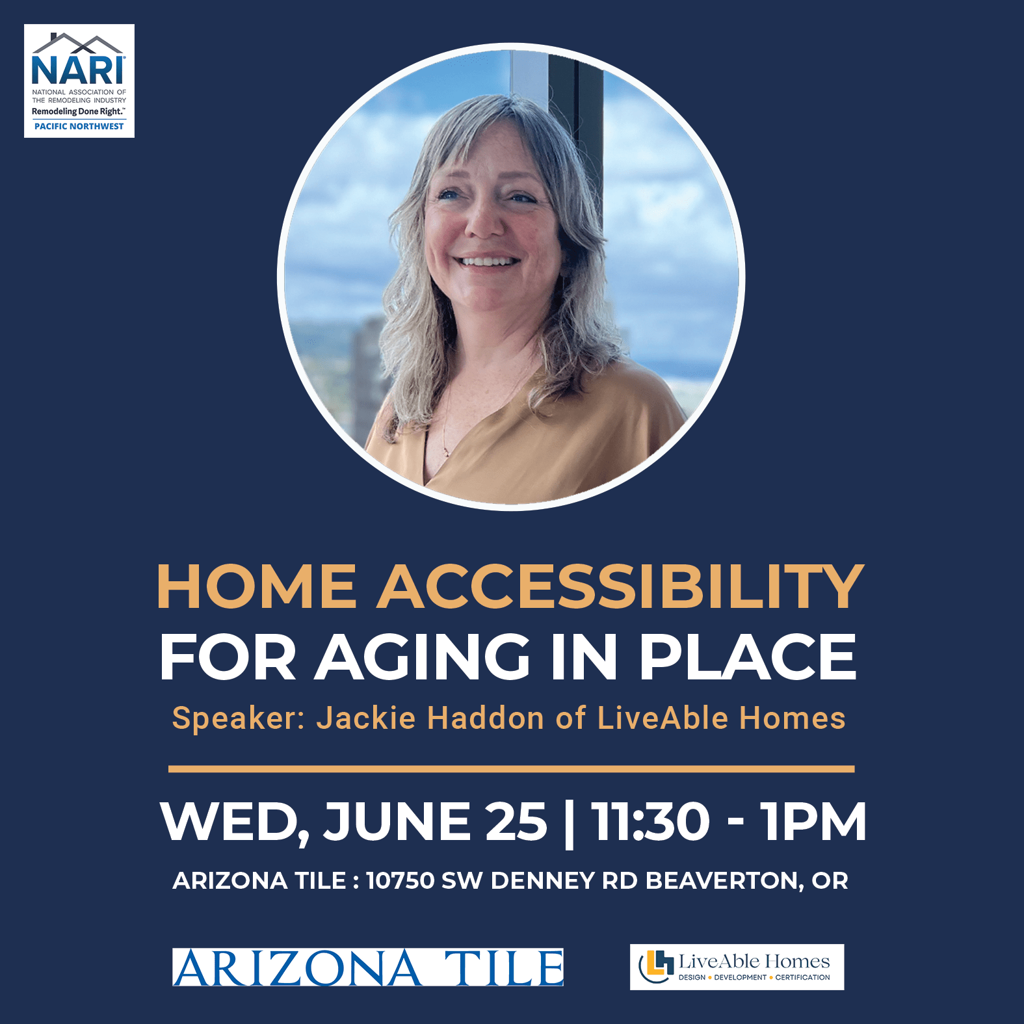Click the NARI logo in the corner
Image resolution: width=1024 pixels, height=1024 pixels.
[79, 81]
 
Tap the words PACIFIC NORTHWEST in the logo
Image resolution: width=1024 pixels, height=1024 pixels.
[79, 126]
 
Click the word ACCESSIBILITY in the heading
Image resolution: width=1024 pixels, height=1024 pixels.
[620, 586]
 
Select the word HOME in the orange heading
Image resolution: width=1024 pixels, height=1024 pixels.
[256, 586]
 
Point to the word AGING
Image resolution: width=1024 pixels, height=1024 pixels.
[423, 657]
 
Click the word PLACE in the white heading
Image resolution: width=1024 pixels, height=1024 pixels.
[748, 657]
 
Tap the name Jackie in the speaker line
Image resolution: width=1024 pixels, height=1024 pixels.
[366, 718]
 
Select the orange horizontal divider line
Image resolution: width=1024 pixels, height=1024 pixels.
[512, 769]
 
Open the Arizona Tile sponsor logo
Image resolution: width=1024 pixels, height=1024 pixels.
[368, 967]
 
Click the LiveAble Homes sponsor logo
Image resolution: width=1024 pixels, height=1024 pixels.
[737, 967]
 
